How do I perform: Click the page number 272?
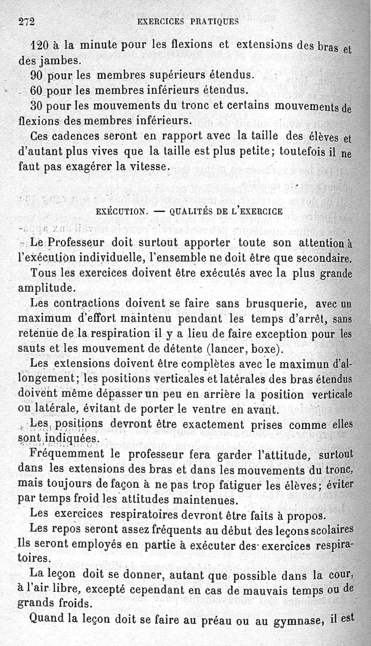click(x=27, y=21)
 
